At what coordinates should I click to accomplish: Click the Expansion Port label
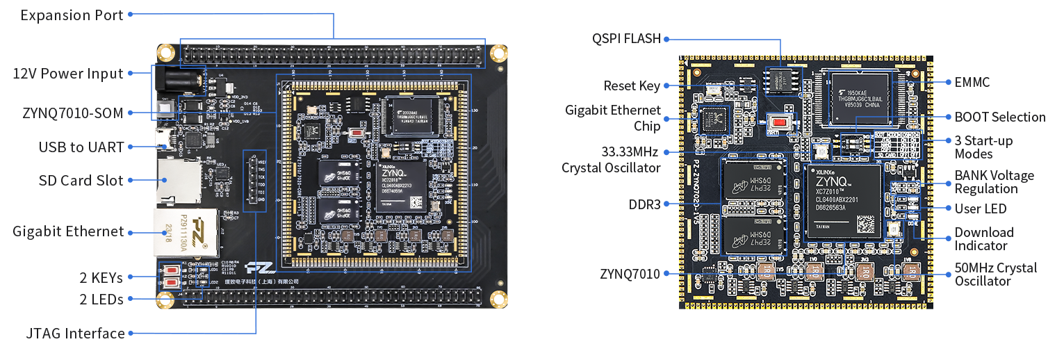pyautogui.click(x=72, y=15)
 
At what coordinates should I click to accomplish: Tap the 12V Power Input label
pyautogui.click(x=68, y=74)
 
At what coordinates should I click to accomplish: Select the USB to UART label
pyautogui.click(x=81, y=147)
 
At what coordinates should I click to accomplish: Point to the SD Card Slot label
pyautogui.click(x=81, y=181)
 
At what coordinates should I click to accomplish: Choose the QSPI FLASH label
pyautogui.click(x=626, y=39)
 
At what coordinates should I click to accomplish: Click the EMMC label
pyautogui.click(x=972, y=83)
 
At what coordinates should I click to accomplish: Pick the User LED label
pyautogui.click(x=980, y=208)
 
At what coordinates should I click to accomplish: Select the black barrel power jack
pyautogui.click(x=179, y=83)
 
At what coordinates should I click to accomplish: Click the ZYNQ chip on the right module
pyautogui.click(x=842, y=201)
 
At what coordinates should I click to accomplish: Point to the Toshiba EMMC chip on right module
pyautogui.click(x=858, y=97)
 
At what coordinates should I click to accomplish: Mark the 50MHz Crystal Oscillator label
pyautogui.click(x=995, y=275)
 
